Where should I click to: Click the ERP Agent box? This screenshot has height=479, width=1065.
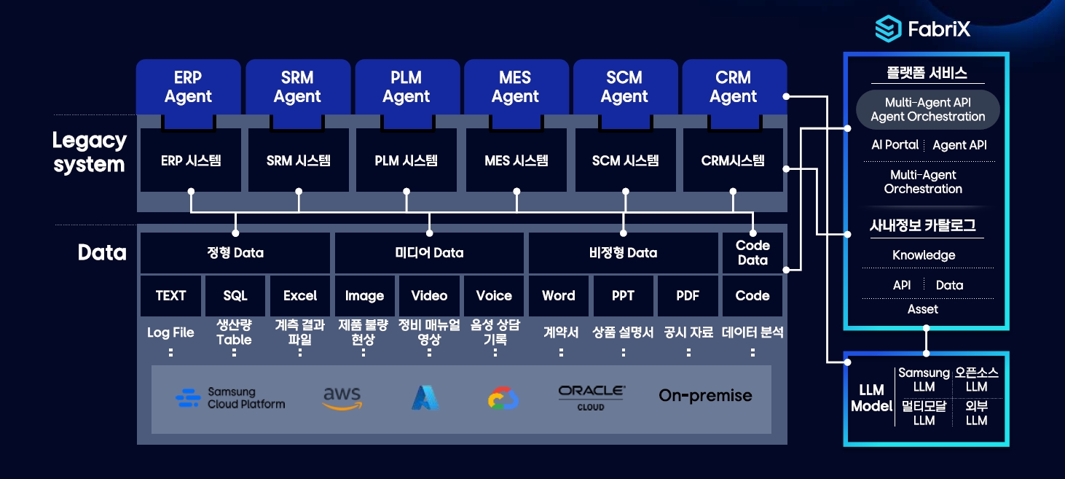[x=188, y=87]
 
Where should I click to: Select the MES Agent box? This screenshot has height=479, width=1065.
[x=516, y=87]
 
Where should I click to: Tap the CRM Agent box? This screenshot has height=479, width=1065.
[x=734, y=87]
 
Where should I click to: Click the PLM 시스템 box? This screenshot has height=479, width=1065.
[x=406, y=160]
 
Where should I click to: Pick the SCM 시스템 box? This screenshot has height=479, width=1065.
[x=625, y=160]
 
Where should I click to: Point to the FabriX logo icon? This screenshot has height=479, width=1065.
[x=888, y=28]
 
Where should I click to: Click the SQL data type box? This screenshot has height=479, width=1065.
[x=235, y=295]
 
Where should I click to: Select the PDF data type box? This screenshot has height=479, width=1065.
[x=688, y=295]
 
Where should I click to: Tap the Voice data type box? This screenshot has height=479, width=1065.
[x=493, y=295]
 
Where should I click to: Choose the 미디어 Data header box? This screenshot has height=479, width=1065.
[x=429, y=252]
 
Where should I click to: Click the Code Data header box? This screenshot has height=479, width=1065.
[x=752, y=252]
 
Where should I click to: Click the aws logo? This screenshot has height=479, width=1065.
[x=342, y=398]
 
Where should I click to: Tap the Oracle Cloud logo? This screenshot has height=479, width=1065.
[x=592, y=398]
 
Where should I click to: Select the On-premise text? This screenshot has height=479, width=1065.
[x=706, y=395]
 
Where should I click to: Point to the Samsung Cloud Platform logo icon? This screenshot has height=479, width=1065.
[x=188, y=398]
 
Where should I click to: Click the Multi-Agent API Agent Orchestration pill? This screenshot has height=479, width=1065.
[x=927, y=109]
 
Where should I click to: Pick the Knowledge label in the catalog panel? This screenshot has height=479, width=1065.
[x=924, y=255]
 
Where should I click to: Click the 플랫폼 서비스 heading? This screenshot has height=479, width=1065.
[x=927, y=73]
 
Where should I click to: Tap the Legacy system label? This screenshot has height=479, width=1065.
[x=90, y=152]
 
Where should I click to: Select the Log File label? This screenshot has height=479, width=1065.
[x=170, y=332]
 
